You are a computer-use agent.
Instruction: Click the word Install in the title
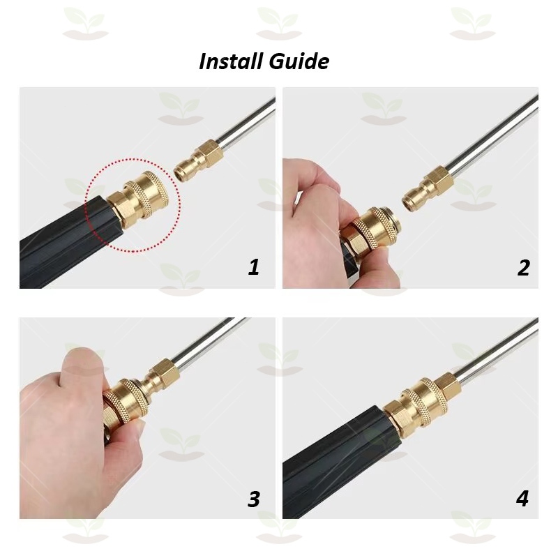pyautogui.click(x=232, y=61)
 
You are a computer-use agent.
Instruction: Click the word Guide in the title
pyautogui.click(x=299, y=61)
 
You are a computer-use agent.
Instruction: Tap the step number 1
pyautogui.click(x=254, y=267)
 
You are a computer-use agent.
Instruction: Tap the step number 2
pyautogui.click(x=523, y=267)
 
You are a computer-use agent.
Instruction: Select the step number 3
pyautogui.click(x=254, y=499)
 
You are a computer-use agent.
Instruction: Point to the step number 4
pyautogui.click(x=522, y=499)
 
